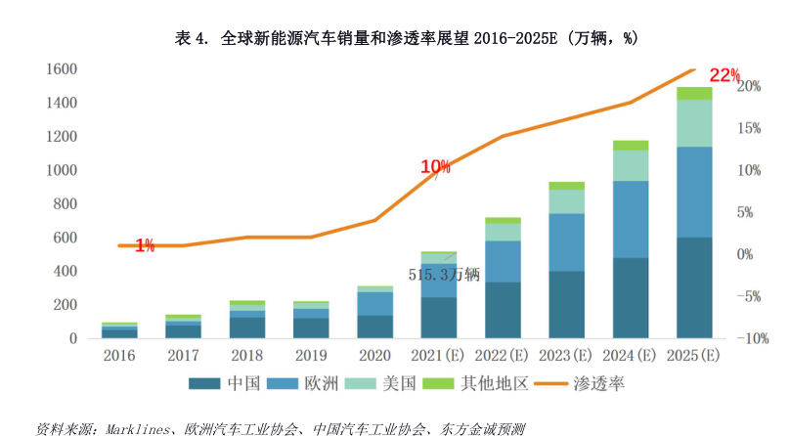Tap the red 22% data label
pyautogui.click(x=724, y=75)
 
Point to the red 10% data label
pyautogui.click(x=435, y=167)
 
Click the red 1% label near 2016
pyautogui.click(x=145, y=245)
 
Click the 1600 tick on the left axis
pyautogui.click(x=61, y=69)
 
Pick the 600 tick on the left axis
pyautogui.click(x=65, y=238)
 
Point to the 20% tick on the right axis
pyautogui.click(x=750, y=86)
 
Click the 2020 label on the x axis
pyautogui.click(x=374, y=356)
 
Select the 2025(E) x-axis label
pyautogui.click(x=694, y=356)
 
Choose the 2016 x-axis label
pyautogui.click(x=118, y=356)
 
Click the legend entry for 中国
pyautogui.click(x=230, y=383)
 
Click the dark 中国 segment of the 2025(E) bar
pyautogui.click(x=694, y=287)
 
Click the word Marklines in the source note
pyautogui.click(x=124, y=427)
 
